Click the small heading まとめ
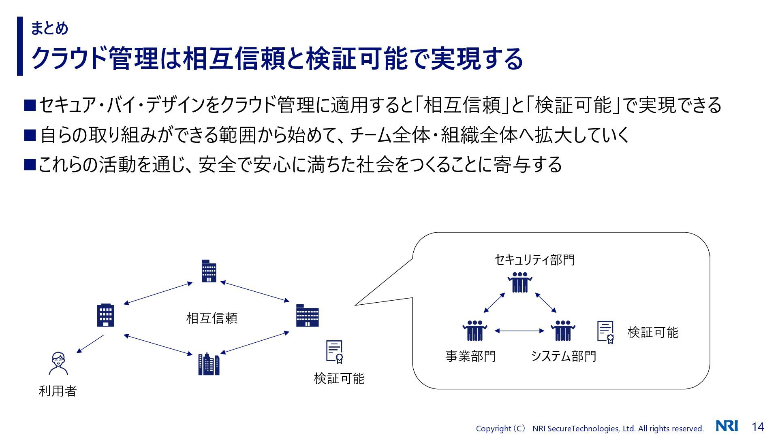point(49,28)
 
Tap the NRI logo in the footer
point(727,426)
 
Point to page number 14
point(758,427)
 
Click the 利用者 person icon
point(58,363)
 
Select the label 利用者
point(58,391)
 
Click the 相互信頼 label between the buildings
point(212,318)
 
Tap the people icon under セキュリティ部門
point(519,282)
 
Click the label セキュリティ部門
point(534,259)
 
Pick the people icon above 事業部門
point(474,331)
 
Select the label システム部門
point(563,356)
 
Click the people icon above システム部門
point(563,331)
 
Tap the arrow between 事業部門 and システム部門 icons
point(519,331)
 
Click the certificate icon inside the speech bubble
point(606,332)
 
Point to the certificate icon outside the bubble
point(335,351)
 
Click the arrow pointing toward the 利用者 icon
point(90,344)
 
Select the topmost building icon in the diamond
point(209,271)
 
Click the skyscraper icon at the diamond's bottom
point(209,364)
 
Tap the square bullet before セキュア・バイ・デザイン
point(30,105)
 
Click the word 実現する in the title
point(477,59)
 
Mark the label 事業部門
point(470,356)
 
